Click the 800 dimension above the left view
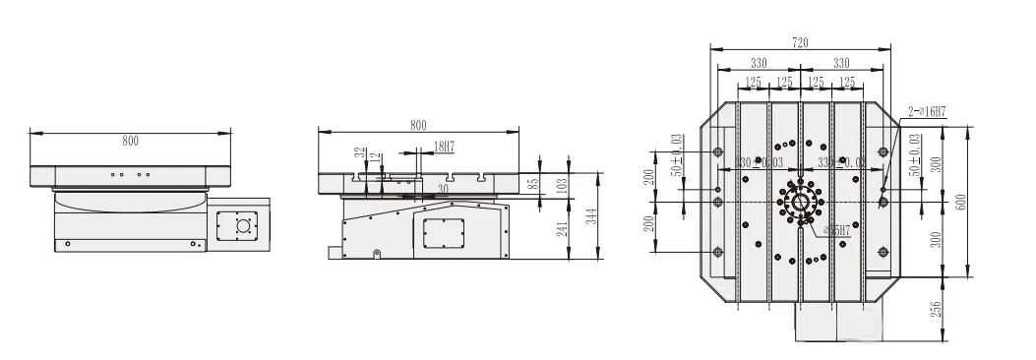pyautogui.click(x=130, y=141)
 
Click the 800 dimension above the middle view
pyautogui.click(x=418, y=125)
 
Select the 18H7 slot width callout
pyautogui.click(x=443, y=147)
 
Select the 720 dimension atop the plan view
pyautogui.click(x=799, y=42)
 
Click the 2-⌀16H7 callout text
pyautogui.click(x=926, y=112)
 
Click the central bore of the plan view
pyautogui.click(x=800, y=202)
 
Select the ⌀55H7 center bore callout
pyautogui.click(x=814, y=231)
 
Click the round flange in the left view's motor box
pyautogui.click(x=241, y=225)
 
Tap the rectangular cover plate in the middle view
pyautogui.click(x=443, y=232)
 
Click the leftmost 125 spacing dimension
pyautogui.click(x=754, y=82)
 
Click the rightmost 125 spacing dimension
pyautogui.click(x=846, y=82)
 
